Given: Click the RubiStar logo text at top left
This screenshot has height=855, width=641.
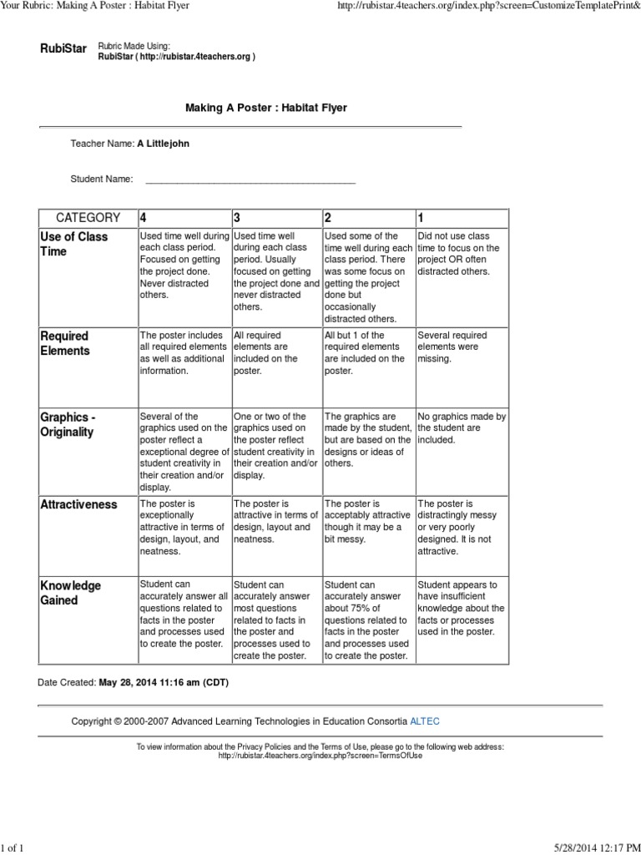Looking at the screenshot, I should pyautogui.click(x=63, y=49).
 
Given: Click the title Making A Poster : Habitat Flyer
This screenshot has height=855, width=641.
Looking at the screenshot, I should pyautogui.click(x=265, y=108).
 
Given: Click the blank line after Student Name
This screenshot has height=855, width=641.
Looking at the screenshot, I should pyautogui.click(x=250, y=179).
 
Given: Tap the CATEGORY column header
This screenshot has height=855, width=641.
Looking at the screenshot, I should pyautogui.click(x=88, y=218).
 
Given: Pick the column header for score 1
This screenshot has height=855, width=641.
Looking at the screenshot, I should pyautogui.click(x=421, y=218).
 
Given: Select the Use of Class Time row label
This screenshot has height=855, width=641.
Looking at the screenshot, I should pyautogui.click(x=74, y=244).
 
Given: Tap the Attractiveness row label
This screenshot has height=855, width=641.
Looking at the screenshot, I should pyautogui.click(x=78, y=504).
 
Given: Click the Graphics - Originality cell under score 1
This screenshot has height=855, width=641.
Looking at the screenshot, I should pyautogui.click(x=462, y=427).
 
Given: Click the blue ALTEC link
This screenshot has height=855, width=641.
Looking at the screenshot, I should pyautogui.click(x=426, y=720).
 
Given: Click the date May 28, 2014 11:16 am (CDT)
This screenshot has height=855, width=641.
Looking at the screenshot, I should pyautogui.click(x=163, y=682).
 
